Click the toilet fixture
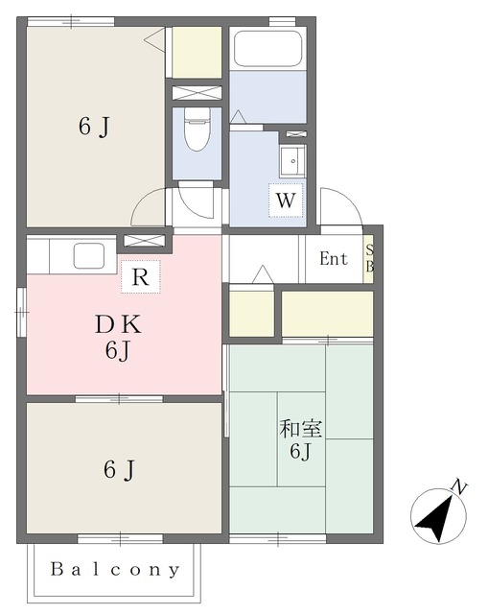click(x=198, y=130)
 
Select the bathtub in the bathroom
click(x=267, y=49)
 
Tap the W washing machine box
click(x=286, y=201)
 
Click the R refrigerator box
click(x=141, y=276)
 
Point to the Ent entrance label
click(x=334, y=259)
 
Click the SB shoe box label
click(x=369, y=258)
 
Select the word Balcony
click(x=115, y=570)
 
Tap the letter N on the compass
click(x=459, y=486)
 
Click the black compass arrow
click(x=434, y=518)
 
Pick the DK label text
click(x=118, y=324)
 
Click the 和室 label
click(x=300, y=429)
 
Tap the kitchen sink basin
click(x=89, y=256)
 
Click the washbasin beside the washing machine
click(x=292, y=161)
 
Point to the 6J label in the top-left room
click(x=94, y=127)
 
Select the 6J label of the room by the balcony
click(x=119, y=469)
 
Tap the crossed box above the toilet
click(x=197, y=93)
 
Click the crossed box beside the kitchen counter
click(x=145, y=241)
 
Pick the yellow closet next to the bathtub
click(x=197, y=53)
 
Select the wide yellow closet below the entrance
click(x=327, y=314)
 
